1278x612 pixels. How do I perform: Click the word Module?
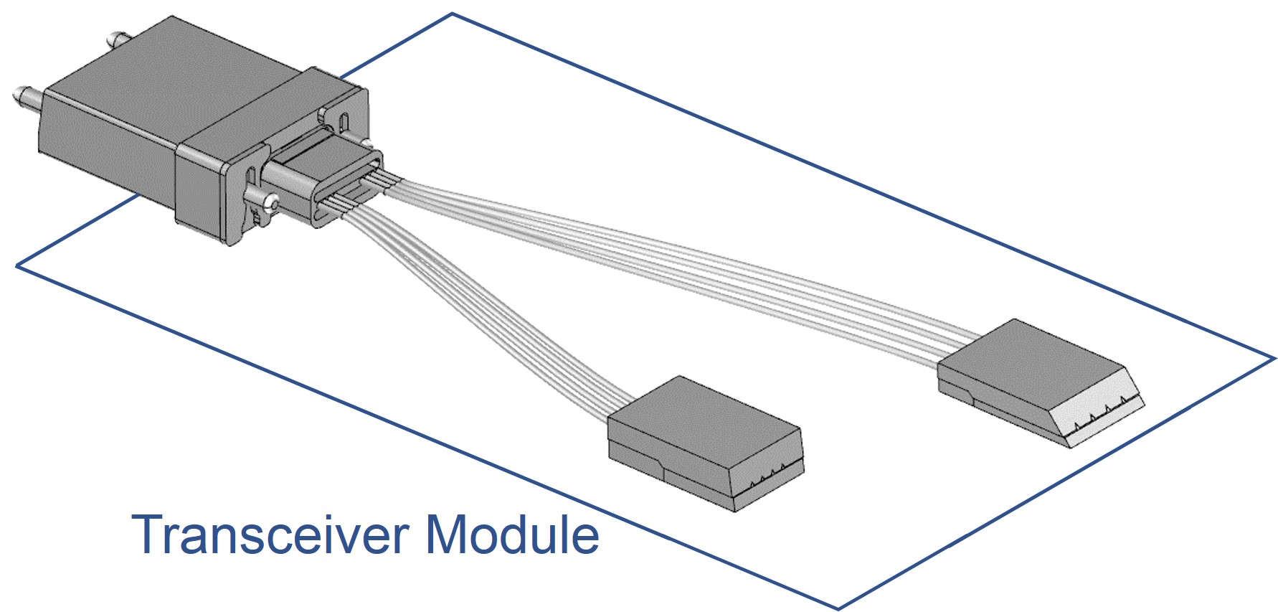pos(512,535)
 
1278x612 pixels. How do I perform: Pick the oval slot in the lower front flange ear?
pos(251,175)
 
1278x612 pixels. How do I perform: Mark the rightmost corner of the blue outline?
pos(1274,357)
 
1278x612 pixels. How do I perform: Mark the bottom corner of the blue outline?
pos(838,608)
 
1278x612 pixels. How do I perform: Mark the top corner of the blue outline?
pos(453,14)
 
